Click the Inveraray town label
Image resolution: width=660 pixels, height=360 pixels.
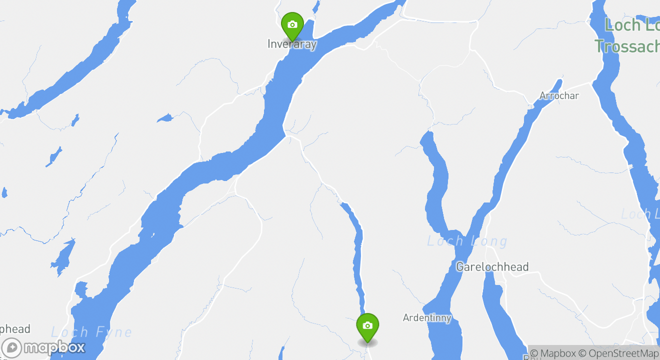(292, 44)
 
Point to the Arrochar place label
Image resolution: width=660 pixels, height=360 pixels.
(559, 95)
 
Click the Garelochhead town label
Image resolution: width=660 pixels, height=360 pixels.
(492, 267)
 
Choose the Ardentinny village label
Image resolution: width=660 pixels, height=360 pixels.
(427, 317)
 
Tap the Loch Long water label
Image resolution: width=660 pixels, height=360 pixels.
(467, 241)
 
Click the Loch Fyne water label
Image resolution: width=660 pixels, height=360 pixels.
(91, 332)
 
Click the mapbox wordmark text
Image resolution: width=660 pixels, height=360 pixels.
(54, 347)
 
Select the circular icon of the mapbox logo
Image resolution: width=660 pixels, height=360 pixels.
(11, 348)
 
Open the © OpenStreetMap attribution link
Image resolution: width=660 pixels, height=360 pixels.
(618, 353)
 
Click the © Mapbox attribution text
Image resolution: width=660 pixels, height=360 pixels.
(553, 353)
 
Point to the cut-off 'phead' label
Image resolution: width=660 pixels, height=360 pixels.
(15, 329)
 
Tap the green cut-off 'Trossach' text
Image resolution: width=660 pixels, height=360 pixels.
(627, 46)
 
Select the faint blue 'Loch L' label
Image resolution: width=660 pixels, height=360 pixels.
(640, 214)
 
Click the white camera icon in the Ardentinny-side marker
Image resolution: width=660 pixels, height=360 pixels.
(367, 325)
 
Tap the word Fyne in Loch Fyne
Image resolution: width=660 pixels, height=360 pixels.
(115, 332)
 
